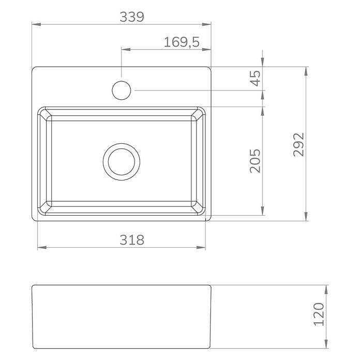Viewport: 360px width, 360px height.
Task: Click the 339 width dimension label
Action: coord(132,17)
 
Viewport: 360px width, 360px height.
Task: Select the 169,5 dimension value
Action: coord(182,42)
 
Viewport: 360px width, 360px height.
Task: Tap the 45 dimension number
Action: coord(256,78)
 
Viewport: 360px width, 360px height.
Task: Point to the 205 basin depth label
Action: coord(256,161)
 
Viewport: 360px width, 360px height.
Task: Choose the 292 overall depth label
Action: coord(299,145)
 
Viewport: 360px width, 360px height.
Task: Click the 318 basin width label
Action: coord(132,240)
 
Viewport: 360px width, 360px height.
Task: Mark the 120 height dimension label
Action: coord(319,314)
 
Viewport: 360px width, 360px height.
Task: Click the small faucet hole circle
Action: coord(122,81)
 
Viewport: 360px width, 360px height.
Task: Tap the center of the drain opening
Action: coord(122,161)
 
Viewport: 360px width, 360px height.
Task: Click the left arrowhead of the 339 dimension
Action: coord(36,24)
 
